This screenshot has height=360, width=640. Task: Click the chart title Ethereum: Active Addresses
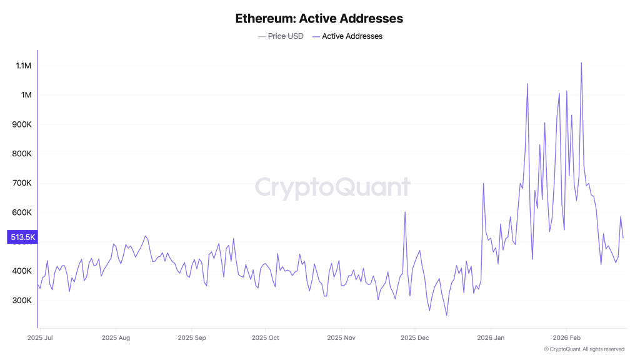point(319,19)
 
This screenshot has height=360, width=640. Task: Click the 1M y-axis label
point(26,95)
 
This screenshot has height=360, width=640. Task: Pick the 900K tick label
point(22,124)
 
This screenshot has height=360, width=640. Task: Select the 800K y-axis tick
point(22,154)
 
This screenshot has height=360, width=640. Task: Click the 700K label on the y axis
point(22,183)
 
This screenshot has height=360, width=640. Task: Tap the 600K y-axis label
point(22,212)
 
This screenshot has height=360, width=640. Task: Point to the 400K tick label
point(22,271)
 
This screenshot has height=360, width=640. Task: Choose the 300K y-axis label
point(22,301)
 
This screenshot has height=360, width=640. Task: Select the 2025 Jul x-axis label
point(41,337)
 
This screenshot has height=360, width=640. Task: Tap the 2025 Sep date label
point(192,337)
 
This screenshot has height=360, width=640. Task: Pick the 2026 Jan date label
point(491,337)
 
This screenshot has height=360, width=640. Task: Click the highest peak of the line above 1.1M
point(581,63)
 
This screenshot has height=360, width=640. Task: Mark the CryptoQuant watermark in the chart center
point(332,187)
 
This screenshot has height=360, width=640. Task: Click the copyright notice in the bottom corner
point(584,349)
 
